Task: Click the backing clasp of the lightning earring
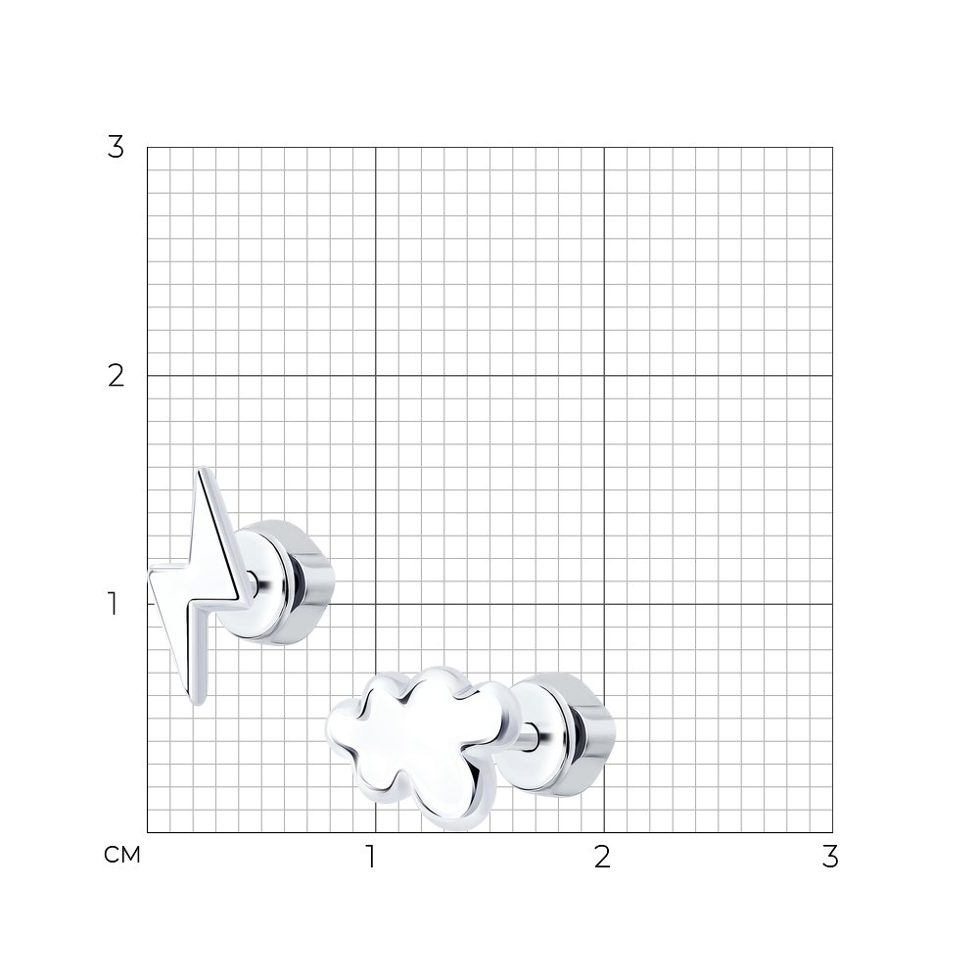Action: (284, 582)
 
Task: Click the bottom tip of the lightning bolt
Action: (198, 705)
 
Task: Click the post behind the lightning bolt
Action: (252, 583)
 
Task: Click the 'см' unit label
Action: (122, 855)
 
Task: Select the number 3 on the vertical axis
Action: (116, 148)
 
